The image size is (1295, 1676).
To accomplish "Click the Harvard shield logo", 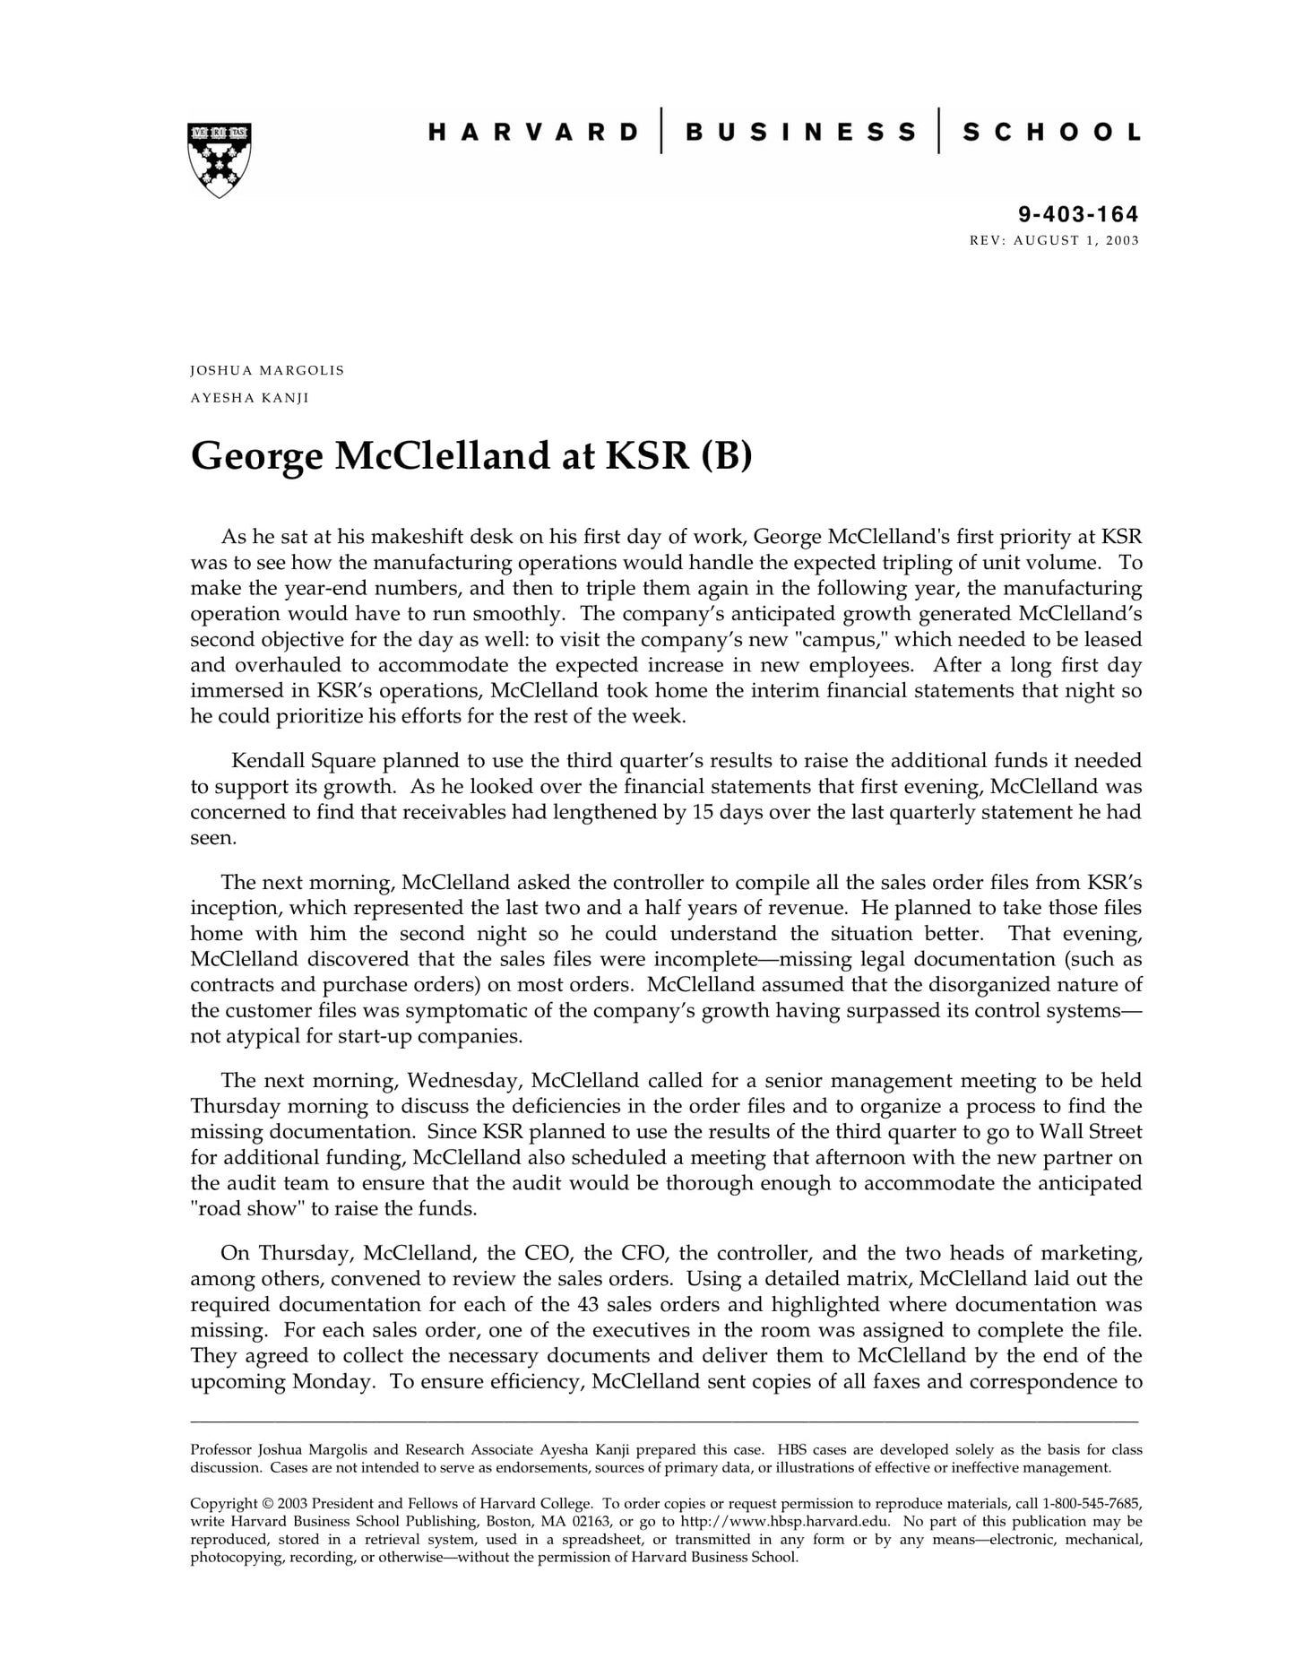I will pyautogui.click(x=220, y=160).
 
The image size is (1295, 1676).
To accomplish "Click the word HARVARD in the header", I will pyautogui.click(x=533, y=133).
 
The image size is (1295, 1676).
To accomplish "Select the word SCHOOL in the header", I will pyautogui.click(x=1051, y=133).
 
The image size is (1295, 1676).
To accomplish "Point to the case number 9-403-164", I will pyautogui.click(x=1078, y=214).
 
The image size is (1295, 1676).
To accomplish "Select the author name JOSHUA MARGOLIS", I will pyautogui.click(x=267, y=370).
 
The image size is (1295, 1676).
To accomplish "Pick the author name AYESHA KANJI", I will pyautogui.click(x=249, y=398).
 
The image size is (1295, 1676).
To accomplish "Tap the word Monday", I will pyautogui.click(x=332, y=1381).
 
